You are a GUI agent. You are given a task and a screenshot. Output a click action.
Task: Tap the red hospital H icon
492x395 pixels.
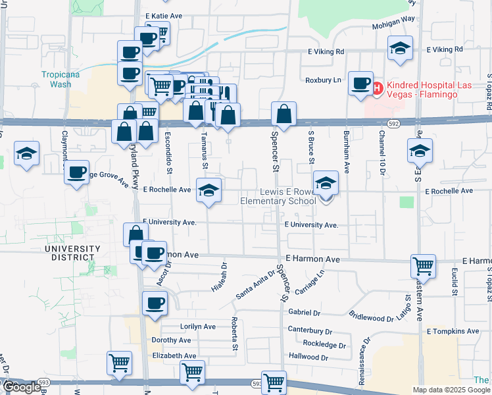378,88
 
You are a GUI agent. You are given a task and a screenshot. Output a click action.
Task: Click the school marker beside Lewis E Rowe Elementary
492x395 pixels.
325,184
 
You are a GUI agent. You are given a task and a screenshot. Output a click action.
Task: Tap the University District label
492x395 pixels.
72,253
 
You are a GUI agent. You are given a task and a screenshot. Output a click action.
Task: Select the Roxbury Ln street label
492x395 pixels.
324,80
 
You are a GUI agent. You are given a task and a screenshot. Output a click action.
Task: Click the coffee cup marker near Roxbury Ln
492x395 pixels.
360,84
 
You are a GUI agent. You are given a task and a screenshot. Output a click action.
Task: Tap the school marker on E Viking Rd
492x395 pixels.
399,49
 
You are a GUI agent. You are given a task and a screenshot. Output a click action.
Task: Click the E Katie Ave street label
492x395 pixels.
162,14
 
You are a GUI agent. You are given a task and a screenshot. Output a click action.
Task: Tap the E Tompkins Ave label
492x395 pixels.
453,331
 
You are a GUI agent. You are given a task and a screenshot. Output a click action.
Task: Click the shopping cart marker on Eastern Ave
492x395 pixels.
424,267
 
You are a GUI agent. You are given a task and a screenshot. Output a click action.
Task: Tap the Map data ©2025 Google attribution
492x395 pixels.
451,390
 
